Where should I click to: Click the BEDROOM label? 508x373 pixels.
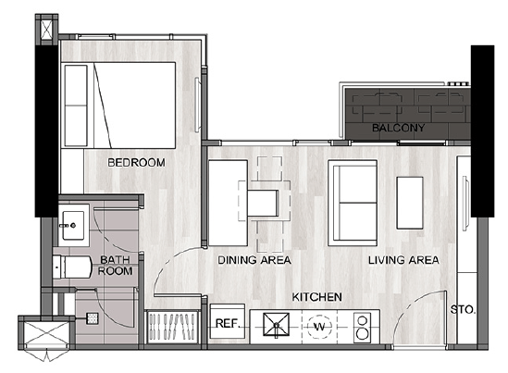[136, 162]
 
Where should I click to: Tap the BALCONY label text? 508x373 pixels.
[398, 128]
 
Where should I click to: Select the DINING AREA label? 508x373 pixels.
[254, 260]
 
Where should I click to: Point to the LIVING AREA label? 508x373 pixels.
[403, 260]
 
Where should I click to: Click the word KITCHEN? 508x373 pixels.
[316, 297]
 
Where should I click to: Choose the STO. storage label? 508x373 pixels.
[463, 310]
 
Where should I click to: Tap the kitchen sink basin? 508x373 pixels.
[277, 324]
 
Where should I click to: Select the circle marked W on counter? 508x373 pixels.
[319, 327]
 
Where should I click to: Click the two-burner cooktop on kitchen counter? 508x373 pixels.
[362, 327]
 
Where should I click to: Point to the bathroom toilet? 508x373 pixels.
[73, 267]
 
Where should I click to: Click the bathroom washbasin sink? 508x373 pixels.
[73, 226]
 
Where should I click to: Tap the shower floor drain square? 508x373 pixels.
[92, 319]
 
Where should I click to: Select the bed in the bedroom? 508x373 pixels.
[118, 106]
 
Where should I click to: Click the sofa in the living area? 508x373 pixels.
[353, 203]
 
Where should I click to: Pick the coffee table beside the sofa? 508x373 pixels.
[410, 203]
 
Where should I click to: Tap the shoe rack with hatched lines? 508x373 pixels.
[172, 327]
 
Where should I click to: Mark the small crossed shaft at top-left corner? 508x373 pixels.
[47, 30]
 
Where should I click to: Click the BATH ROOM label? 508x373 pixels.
[115, 266]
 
